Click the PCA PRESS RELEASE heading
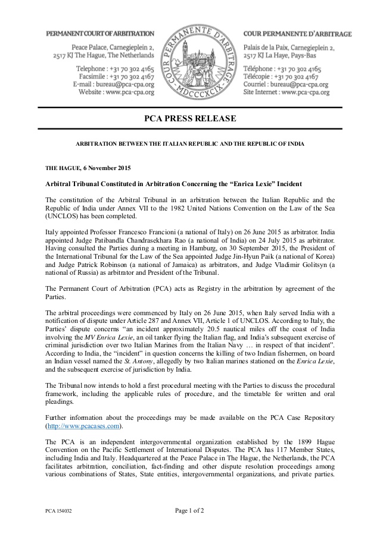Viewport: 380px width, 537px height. click(190, 119)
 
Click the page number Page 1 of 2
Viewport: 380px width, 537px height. click(190, 510)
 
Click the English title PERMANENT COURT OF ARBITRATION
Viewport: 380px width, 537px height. click(100, 34)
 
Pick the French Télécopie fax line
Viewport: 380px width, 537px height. click(282, 76)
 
